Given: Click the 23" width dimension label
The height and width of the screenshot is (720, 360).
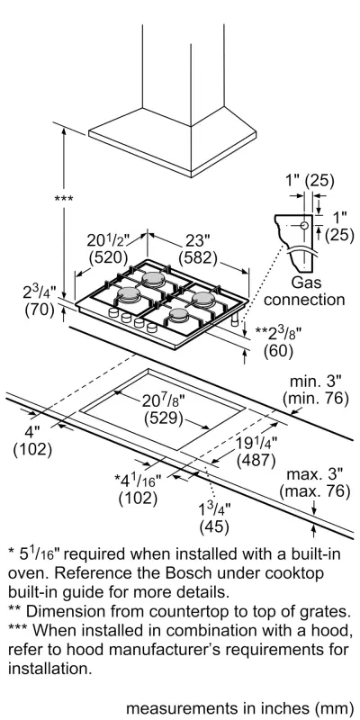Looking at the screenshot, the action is point(198,241).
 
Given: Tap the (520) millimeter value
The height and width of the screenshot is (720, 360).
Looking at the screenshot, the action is point(108,257).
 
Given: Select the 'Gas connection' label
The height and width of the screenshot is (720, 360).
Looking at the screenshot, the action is point(304,291).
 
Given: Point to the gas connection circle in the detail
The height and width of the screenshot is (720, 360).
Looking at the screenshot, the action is point(304,225).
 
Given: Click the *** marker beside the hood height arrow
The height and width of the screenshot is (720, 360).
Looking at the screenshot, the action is point(64,199).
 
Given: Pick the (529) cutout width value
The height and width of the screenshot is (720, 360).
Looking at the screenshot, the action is point(164,418).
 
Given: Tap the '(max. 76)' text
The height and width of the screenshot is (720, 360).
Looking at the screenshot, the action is point(315,490).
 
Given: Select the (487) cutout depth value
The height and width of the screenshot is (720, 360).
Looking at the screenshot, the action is point(256,460).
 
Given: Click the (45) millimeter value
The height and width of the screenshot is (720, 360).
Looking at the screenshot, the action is point(214,526).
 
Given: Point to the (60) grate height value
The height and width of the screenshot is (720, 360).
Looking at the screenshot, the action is point(278,351).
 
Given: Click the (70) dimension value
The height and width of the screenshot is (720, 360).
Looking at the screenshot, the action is point(40,310).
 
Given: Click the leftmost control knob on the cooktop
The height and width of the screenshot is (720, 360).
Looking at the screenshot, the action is point(113,312).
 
